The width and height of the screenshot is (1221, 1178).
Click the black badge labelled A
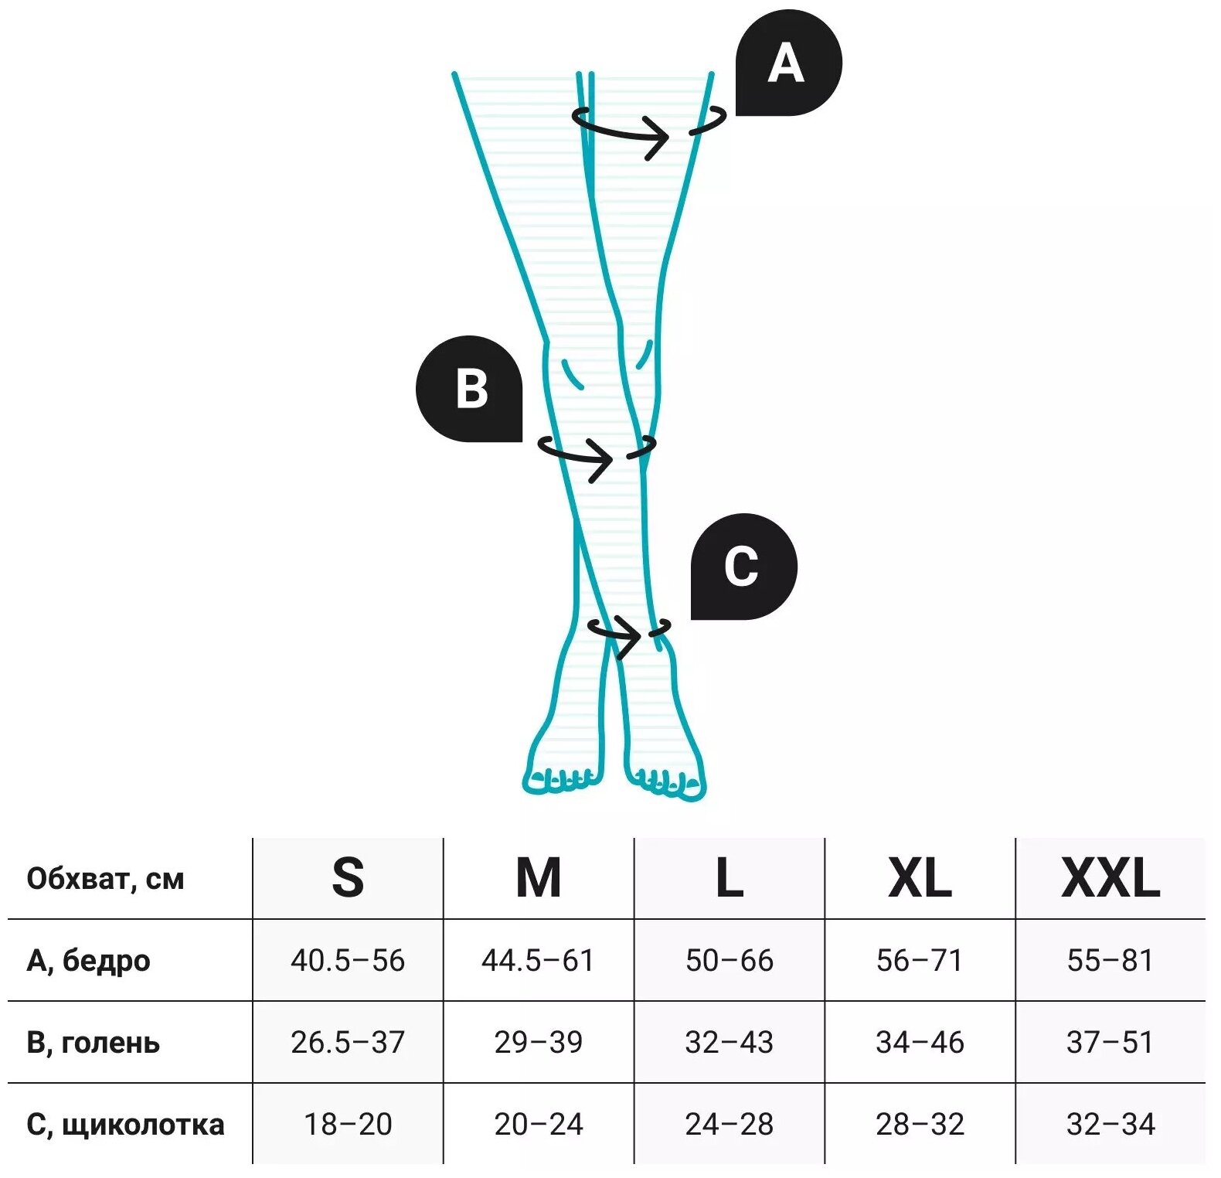787,63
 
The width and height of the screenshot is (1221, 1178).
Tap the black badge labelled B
470,389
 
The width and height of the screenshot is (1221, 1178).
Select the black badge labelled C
743,567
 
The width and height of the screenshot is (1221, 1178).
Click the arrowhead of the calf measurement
604,460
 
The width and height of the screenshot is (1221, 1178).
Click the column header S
348,878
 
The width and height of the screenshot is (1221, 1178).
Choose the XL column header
920,878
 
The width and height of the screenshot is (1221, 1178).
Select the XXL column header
1110,878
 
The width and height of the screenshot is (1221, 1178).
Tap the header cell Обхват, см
106,879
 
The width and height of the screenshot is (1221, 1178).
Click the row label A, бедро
89,961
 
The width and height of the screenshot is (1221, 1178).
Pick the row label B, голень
94,1043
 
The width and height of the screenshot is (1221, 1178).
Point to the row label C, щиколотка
125,1125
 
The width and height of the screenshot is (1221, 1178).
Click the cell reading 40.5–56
348,961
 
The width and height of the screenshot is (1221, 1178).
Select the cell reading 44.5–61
538,961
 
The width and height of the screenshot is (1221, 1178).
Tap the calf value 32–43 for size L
729,1043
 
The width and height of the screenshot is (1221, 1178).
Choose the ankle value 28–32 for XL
920,1125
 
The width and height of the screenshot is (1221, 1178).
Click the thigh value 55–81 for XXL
1110,961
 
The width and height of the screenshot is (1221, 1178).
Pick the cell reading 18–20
348,1125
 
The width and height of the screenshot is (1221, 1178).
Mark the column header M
538,878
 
